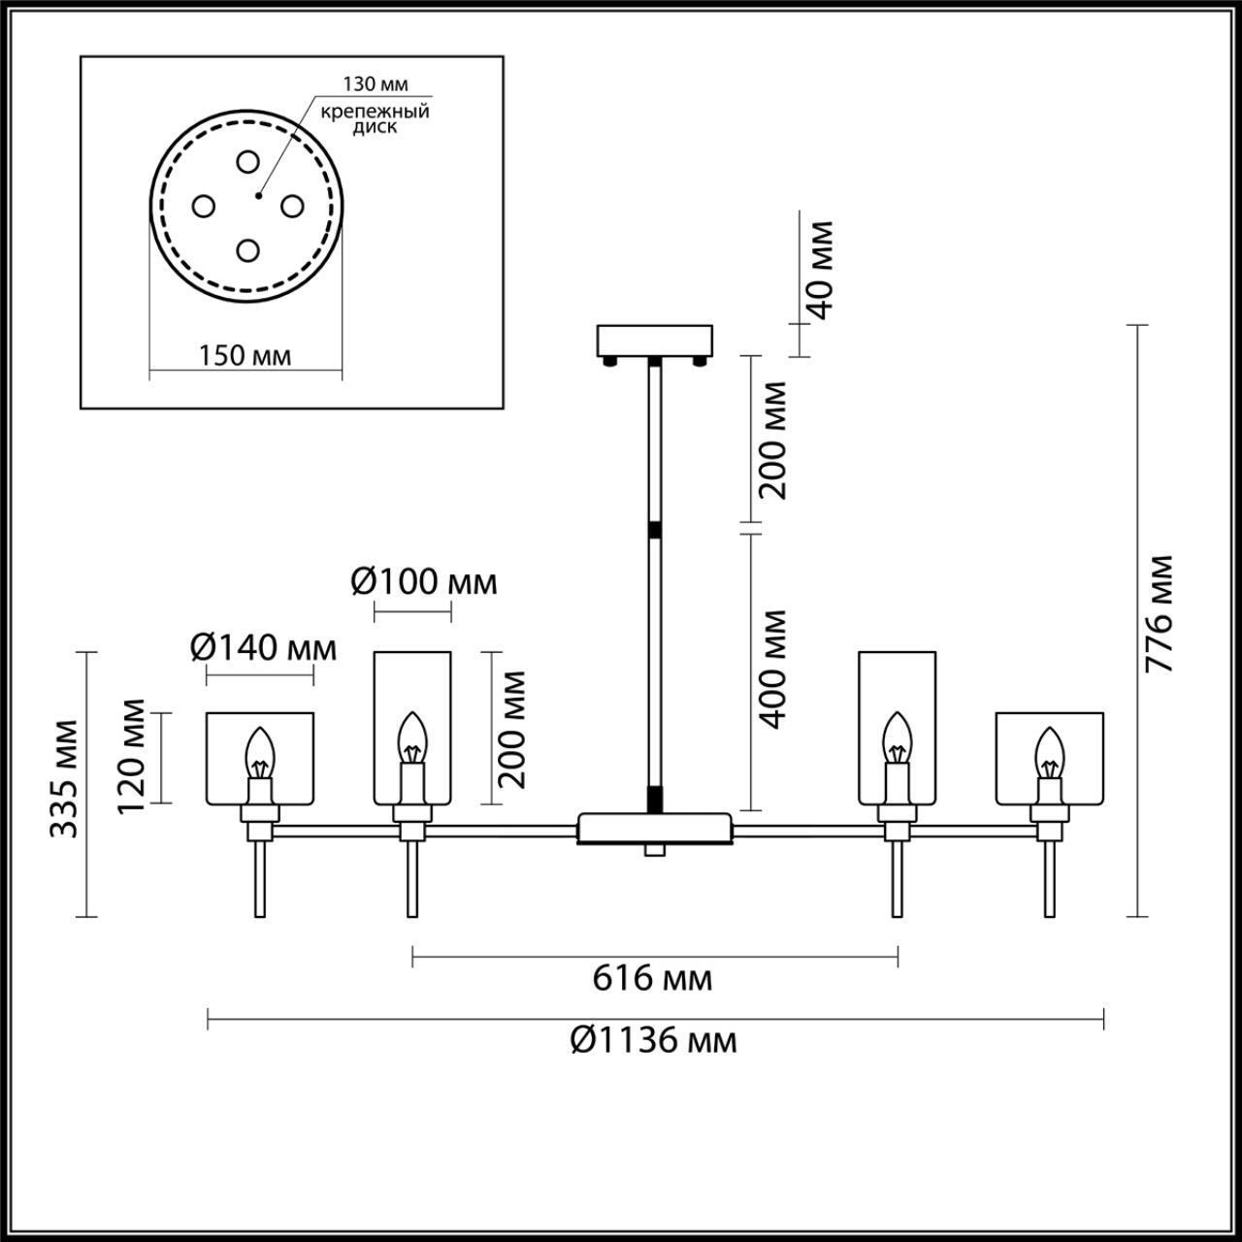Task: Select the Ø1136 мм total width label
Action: pos(653,1040)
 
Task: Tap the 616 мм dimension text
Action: pos(652,978)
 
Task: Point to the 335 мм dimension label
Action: pos(66,778)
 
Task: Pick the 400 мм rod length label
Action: pos(773,670)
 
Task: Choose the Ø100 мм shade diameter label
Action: pos(423,582)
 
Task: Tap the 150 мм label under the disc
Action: pos(245,356)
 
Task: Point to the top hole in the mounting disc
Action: pos(247,161)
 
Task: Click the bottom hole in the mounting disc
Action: pos(247,250)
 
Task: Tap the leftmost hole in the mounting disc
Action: pos(203,206)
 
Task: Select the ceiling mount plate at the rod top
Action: pos(655,341)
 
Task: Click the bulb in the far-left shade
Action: pos(260,751)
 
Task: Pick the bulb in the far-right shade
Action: pos(1049,751)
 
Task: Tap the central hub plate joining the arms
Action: pos(654,828)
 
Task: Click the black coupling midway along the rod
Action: pos(655,531)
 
